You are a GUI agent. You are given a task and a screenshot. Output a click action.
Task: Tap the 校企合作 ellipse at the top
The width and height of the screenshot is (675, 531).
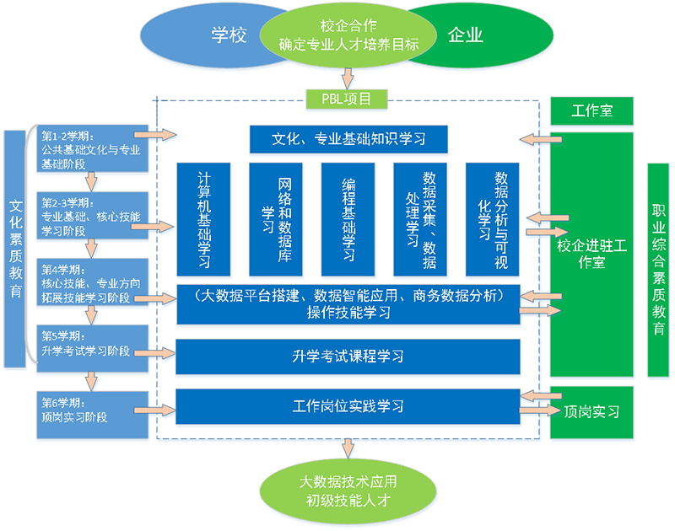click(348, 35)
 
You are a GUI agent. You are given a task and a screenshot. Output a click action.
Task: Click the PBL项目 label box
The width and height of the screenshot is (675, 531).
click(348, 99)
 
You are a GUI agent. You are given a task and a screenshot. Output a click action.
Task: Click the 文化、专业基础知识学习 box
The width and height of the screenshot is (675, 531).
click(348, 139)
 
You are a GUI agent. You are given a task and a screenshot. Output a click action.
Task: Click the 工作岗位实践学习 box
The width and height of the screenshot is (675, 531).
click(348, 406)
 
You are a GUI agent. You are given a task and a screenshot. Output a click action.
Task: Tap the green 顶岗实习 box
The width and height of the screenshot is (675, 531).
click(591, 411)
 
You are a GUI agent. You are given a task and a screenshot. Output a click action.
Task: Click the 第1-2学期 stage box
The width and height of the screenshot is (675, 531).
click(92, 148)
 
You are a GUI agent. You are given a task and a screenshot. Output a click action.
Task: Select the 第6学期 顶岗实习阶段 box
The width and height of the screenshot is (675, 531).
click(92, 410)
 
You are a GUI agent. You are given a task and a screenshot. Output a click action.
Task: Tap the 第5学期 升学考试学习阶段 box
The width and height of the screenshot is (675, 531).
click(92, 346)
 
